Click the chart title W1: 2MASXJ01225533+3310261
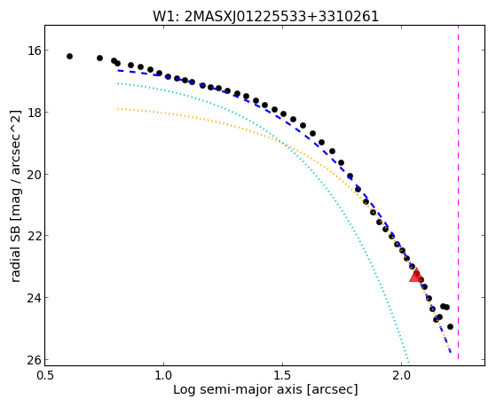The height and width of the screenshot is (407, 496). (265, 16)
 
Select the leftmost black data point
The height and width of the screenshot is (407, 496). (69, 56)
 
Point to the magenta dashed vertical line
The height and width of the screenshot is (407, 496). (458, 192)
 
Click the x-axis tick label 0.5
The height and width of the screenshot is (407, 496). (44, 375)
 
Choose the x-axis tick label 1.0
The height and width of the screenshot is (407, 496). (163, 375)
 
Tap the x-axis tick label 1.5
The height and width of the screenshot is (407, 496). (282, 375)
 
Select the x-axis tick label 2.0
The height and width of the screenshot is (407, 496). (401, 375)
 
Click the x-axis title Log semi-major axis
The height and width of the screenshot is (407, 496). (238, 390)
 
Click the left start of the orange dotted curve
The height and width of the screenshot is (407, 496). (118, 108)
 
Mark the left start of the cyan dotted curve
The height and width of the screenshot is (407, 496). (118, 83)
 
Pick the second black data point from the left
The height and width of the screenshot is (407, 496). (99, 58)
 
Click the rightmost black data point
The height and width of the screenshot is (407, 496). (450, 326)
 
